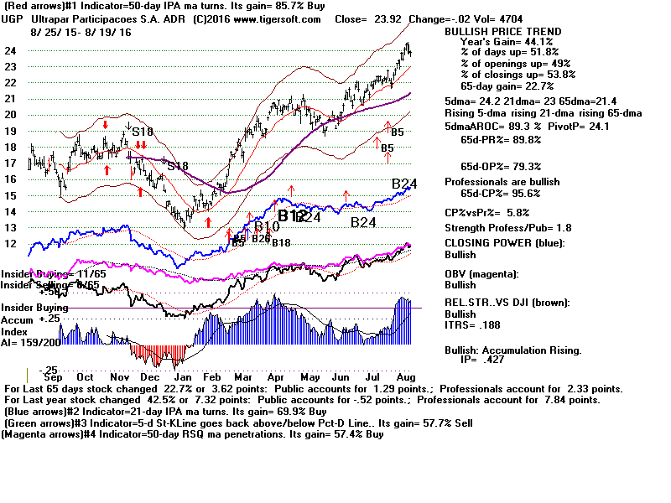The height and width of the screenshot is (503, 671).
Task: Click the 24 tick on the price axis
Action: [x=13, y=50]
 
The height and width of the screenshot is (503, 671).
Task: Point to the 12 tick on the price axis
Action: [x=13, y=243]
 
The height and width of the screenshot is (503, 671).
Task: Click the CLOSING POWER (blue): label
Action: [x=504, y=244]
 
